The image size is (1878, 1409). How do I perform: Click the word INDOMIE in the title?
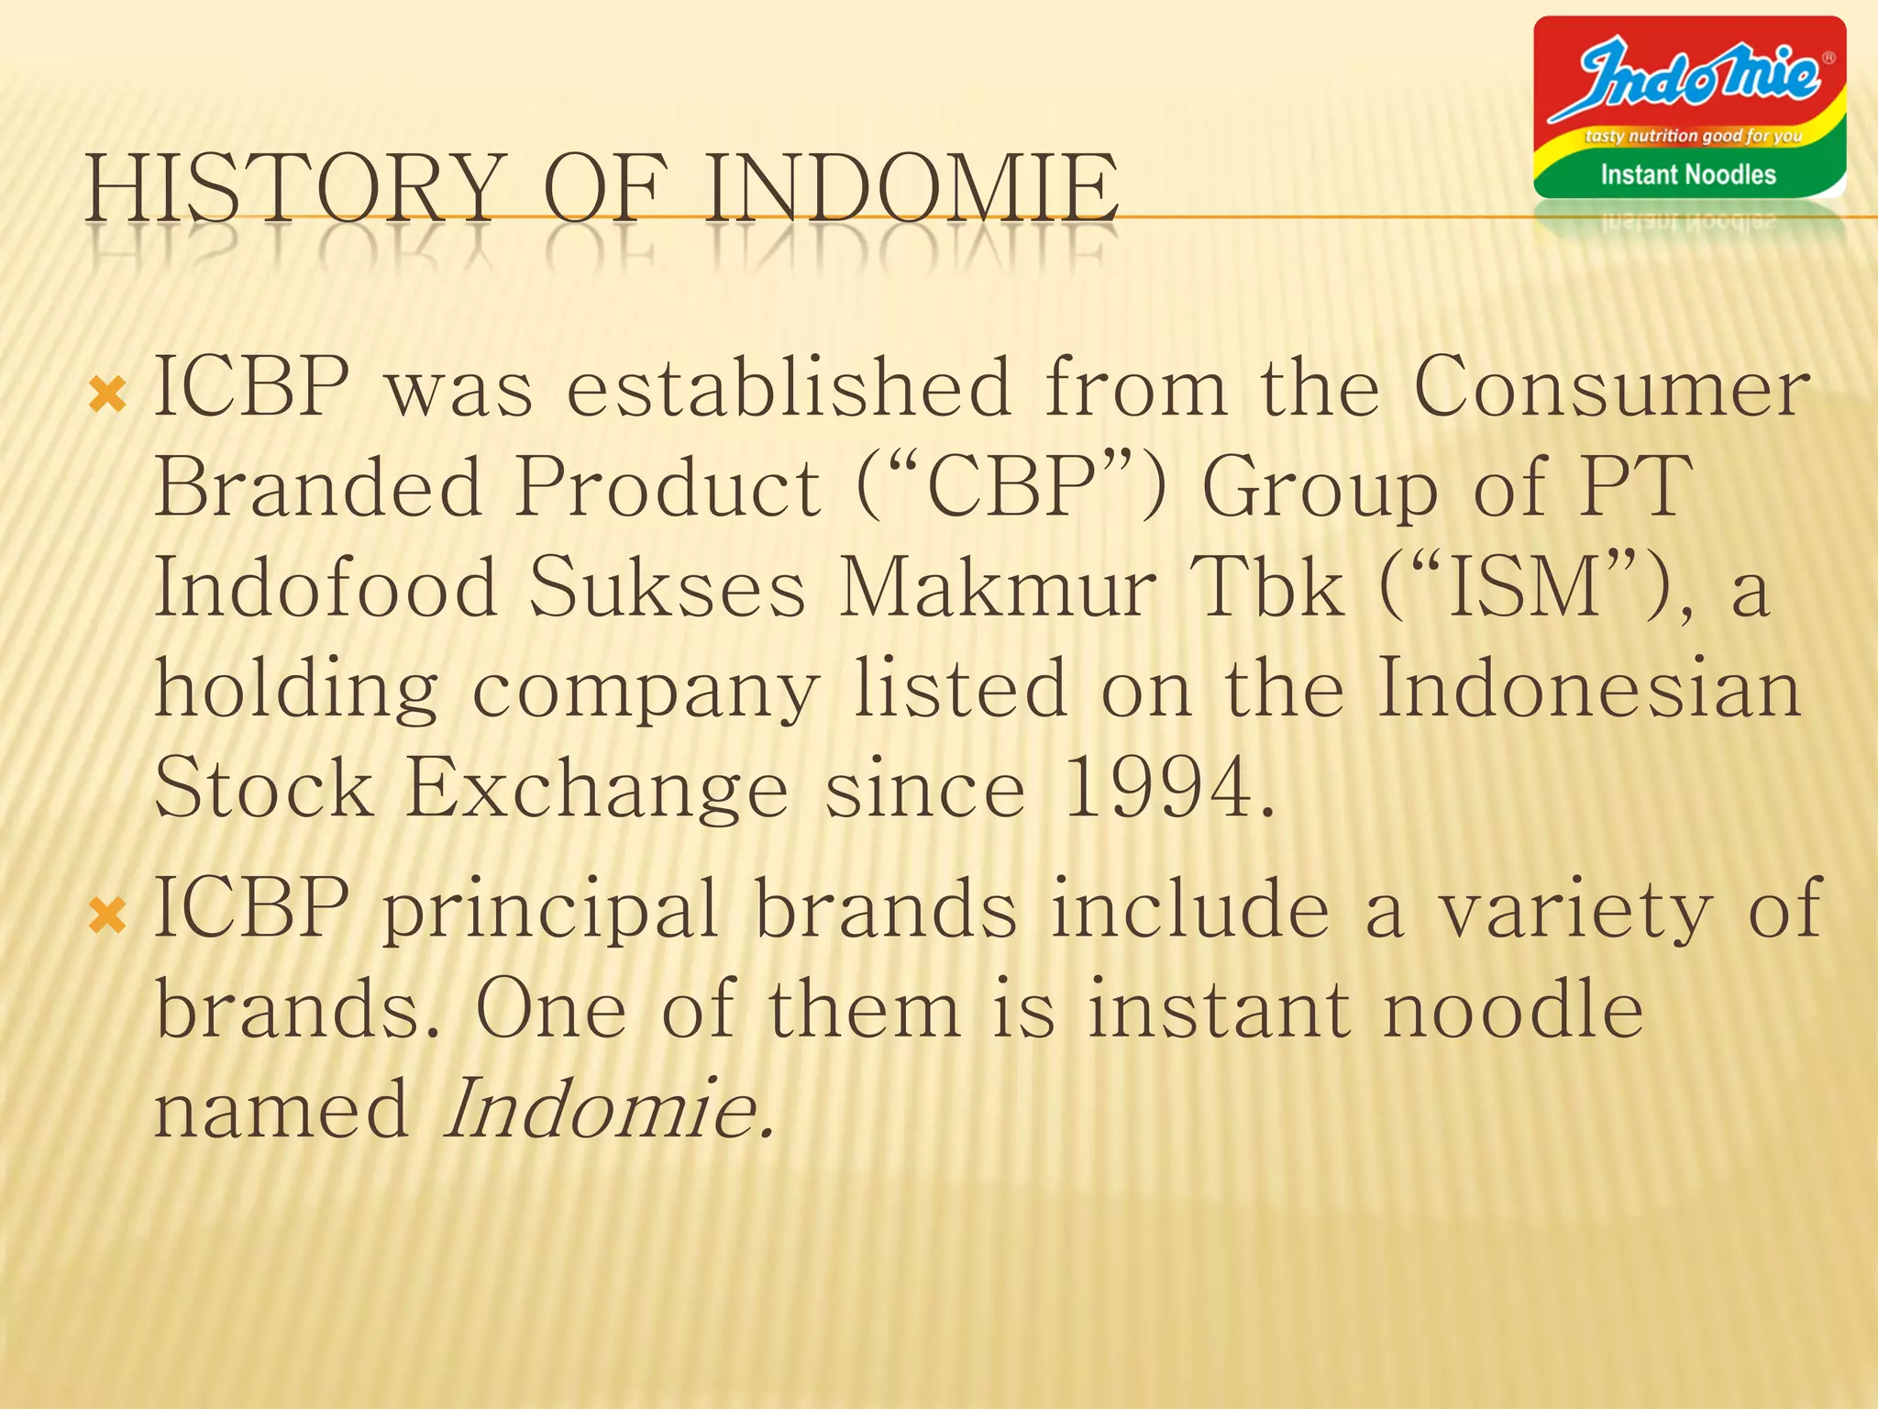click(x=912, y=188)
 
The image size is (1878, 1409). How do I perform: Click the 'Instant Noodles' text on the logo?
click(x=1687, y=174)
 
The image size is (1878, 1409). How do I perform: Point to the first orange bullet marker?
click(x=107, y=395)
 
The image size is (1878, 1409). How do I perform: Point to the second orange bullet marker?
click(x=107, y=915)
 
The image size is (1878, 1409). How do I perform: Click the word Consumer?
click(x=1611, y=388)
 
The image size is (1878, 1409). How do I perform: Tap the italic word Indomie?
click(x=607, y=1108)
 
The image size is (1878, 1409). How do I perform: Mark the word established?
click(x=789, y=388)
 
